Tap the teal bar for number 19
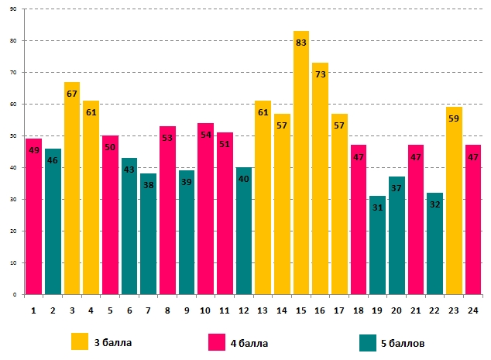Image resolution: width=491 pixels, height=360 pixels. [377, 248]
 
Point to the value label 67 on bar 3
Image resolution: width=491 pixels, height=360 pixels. [72, 94]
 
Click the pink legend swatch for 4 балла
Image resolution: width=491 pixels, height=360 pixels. [218, 341]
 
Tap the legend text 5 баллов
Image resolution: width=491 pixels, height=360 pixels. [402, 342]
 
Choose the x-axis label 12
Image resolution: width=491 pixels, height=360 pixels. [244, 311]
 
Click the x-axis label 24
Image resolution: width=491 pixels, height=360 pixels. [472, 311]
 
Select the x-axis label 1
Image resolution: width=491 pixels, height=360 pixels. [34, 311]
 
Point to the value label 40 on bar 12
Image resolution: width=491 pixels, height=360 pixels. [244, 180]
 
